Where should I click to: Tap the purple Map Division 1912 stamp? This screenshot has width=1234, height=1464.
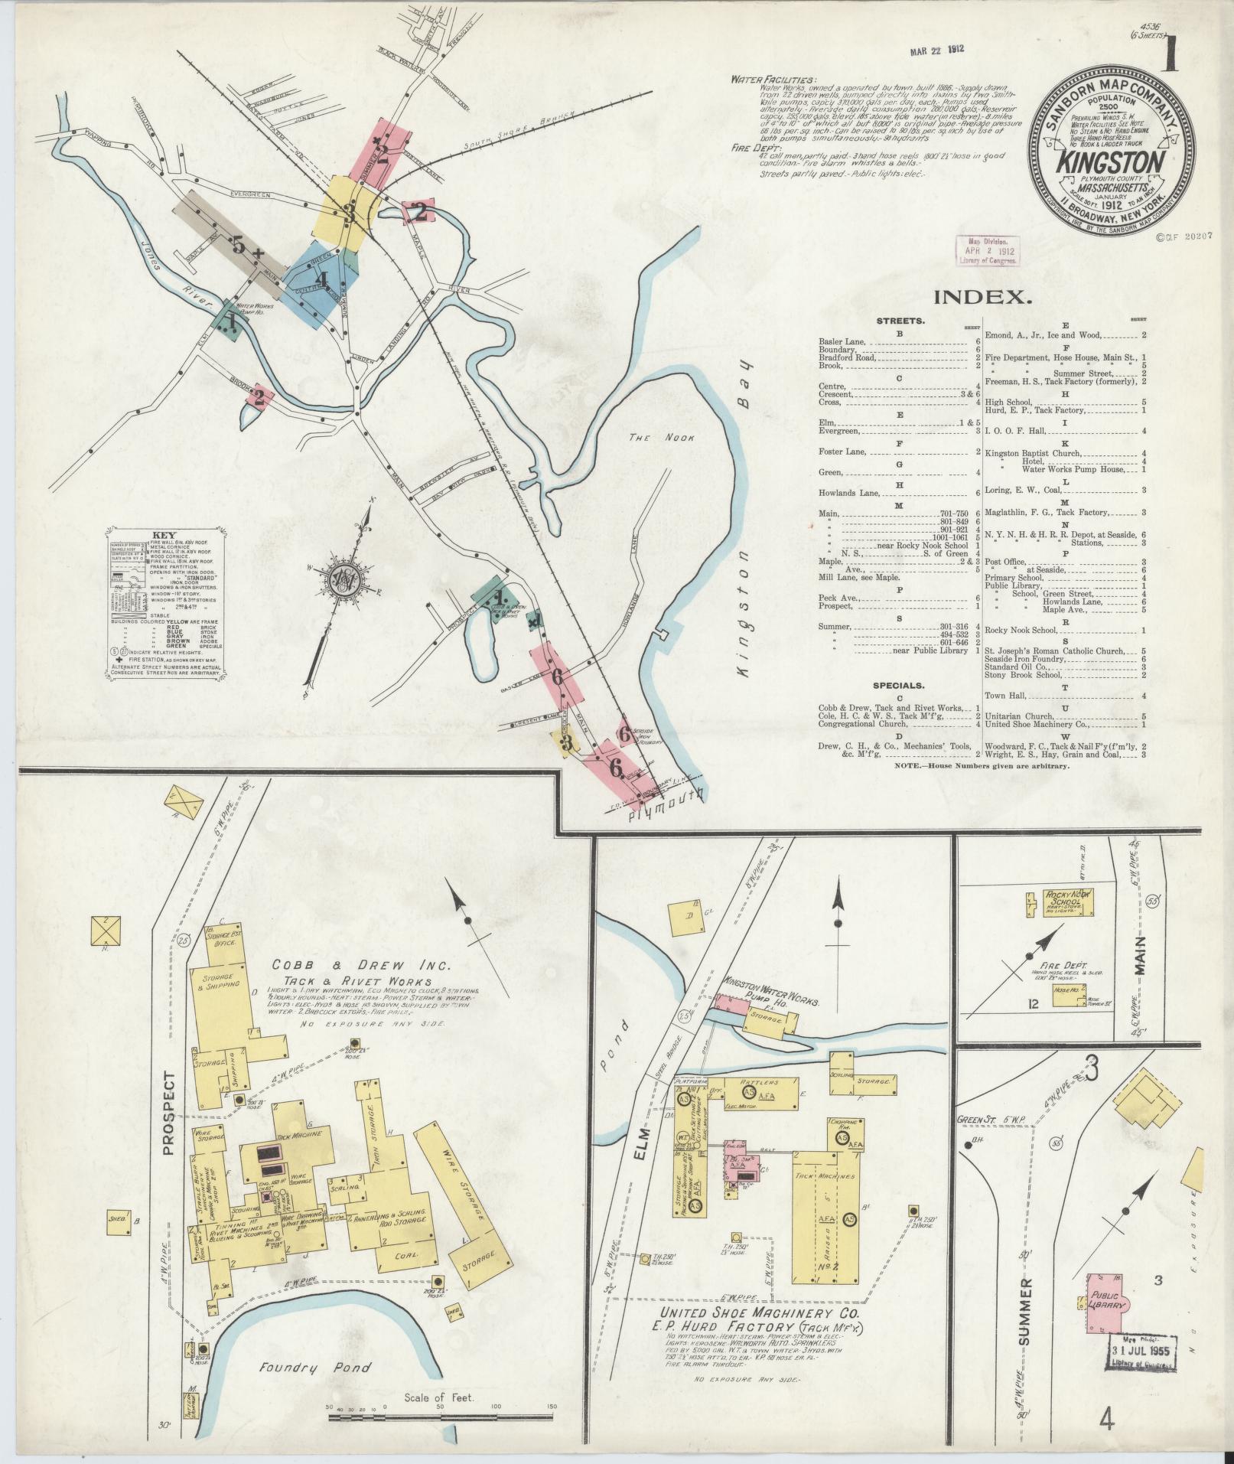point(988,250)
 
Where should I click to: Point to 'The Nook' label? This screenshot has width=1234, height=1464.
point(650,438)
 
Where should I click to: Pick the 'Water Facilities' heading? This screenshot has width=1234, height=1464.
point(773,80)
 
